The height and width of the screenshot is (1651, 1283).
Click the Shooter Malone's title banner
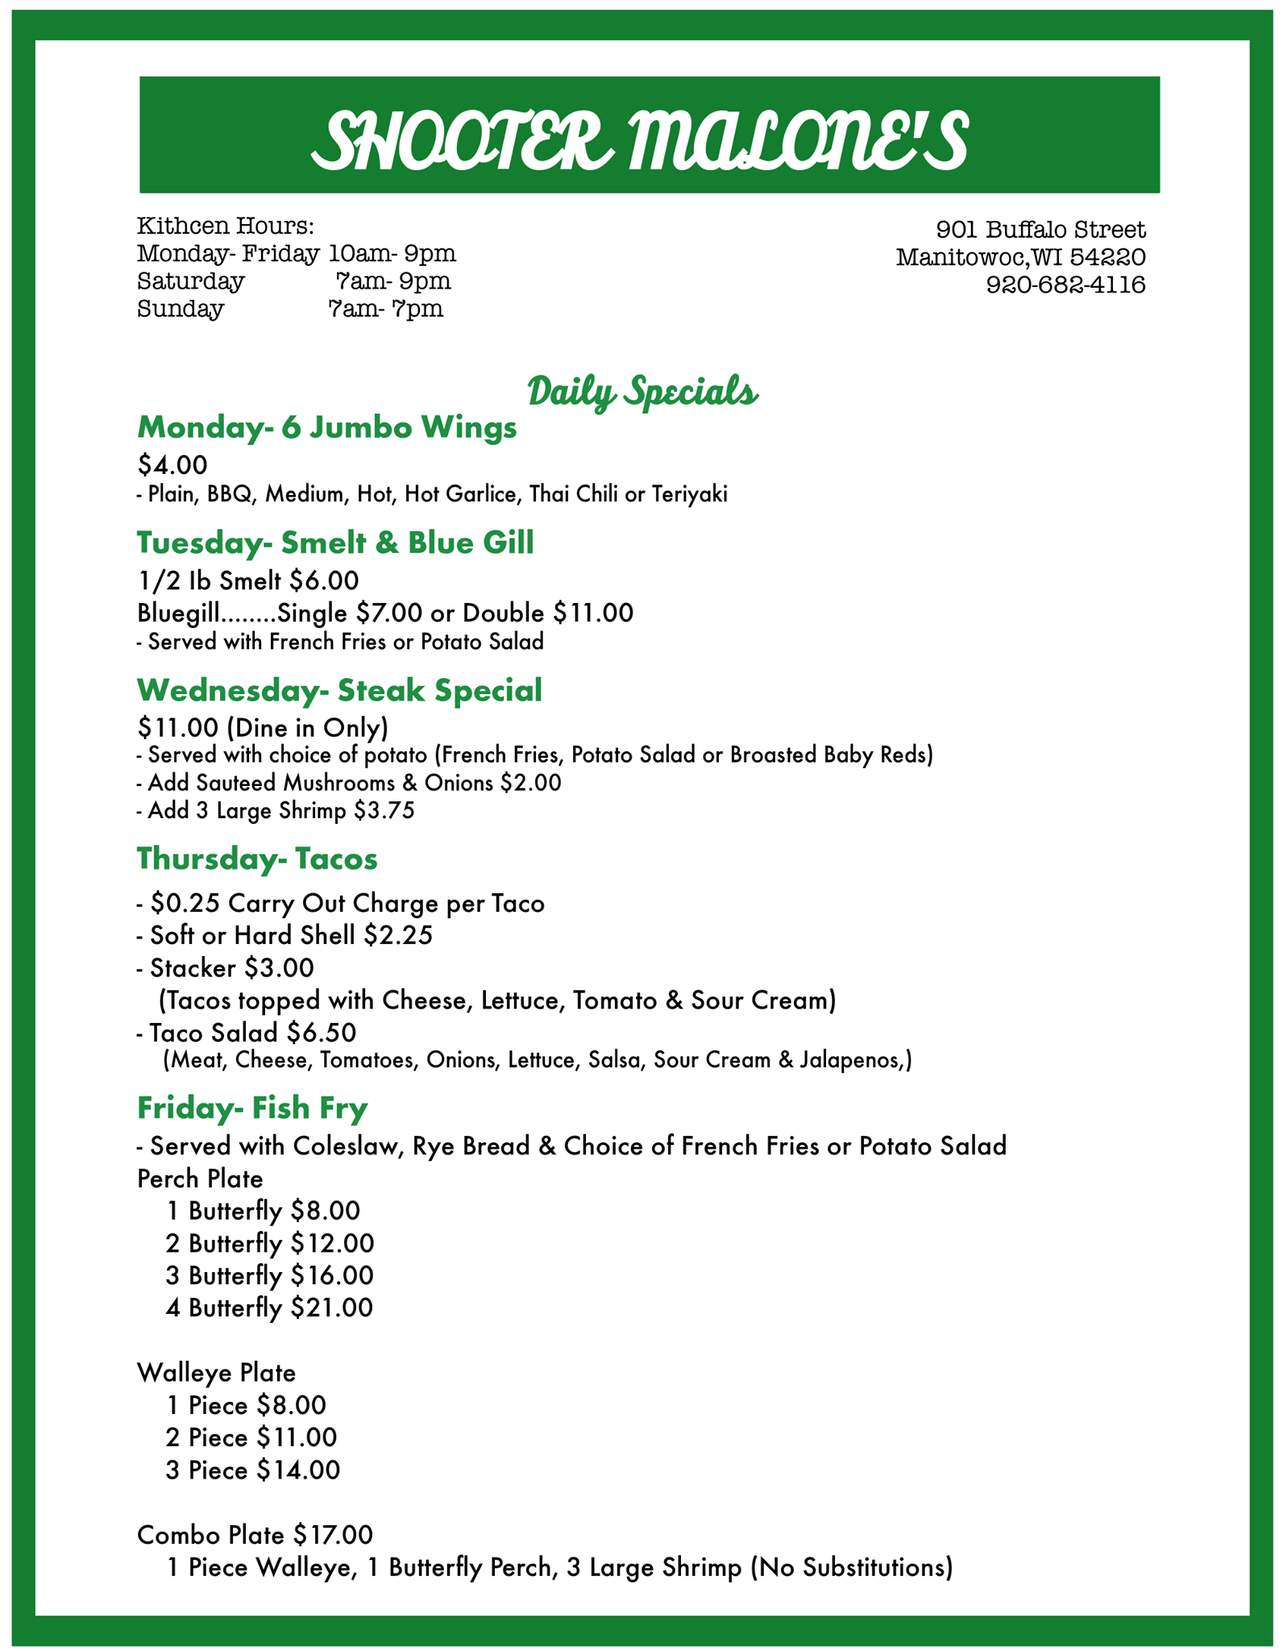[x=649, y=135]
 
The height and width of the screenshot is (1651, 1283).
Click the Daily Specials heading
[x=642, y=392]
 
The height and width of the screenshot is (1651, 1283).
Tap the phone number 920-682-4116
[x=1065, y=285]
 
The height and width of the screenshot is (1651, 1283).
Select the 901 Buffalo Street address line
[x=1040, y=230]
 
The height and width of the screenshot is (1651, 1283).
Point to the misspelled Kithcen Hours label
[x=225, y=225]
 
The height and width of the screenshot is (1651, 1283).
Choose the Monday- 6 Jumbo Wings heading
[x=326, y=427]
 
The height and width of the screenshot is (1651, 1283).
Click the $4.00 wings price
[x=172, y=464]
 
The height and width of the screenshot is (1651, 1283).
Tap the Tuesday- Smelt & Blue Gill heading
[x=335, y=543]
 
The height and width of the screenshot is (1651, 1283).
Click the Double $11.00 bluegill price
[x=555, y=613]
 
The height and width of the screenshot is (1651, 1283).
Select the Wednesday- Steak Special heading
[x=339, y=690]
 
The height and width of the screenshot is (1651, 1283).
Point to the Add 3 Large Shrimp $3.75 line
[x=276, y=810]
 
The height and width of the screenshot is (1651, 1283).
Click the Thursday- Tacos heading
[x=257, y=859]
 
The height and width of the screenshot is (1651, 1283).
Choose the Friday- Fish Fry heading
[x=252, y=1108]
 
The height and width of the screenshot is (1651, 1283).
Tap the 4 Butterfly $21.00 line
[x=269, y=1307]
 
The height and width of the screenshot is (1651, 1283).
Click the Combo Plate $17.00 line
[x=255, y=1534]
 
